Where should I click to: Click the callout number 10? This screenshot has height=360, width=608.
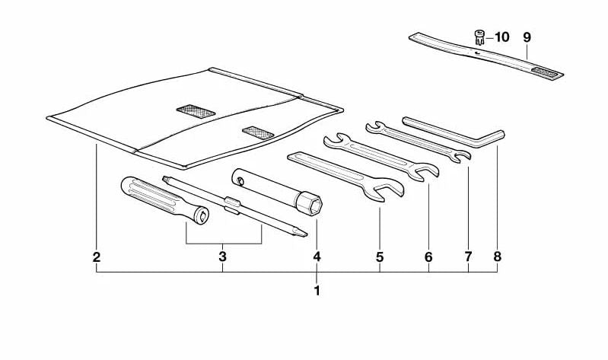pyautogui.click(x=501, y=37)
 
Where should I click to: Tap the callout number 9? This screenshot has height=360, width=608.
pyautogui.click(x=527, y=37)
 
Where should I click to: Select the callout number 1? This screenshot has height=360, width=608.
pyautogui.click(x=317, y=291)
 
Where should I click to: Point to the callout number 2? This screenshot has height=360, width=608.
pyautogui.click(x=97, y=256)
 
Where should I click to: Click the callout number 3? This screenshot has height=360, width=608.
pyautogui.click(x=222, y=256)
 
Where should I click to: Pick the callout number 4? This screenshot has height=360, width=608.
pyautogui.click(x=317, y=256)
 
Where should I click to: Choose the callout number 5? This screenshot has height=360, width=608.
pyautogui.click(x=380, y=256)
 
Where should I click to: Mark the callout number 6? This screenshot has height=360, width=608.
pyautogui.click(x=428, y=256)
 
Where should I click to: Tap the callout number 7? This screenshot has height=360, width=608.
pyautogui.click(x=468, y=256)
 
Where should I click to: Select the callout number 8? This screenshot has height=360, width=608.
pyautogui.click(x=498, y=256)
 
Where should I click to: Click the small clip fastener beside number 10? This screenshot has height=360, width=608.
pyautogui.click(x=479, y=37)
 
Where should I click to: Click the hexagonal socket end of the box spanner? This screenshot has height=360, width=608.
pyautogui.click(x=309, y=202)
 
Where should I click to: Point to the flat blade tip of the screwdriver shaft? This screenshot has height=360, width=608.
pyautogui.click(x=300, y=233)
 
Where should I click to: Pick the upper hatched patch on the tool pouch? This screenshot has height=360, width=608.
pyautogui.click(x=196, y=111)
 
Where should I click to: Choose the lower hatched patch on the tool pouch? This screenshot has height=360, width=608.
pyautogui.click(x=258, y=132)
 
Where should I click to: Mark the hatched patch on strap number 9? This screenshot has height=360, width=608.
pyautogui.click(x=544, y=72)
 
